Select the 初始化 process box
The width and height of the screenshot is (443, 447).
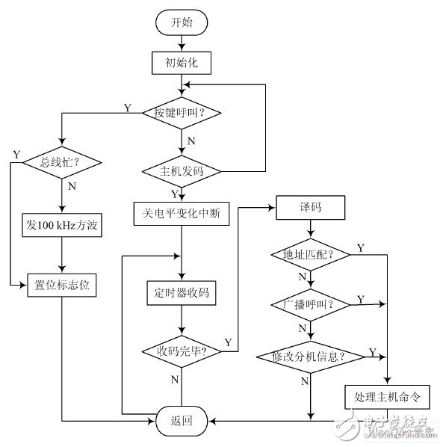(182, 62)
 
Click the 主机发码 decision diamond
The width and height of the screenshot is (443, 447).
(182, 171)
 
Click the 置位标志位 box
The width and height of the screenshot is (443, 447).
(62, 285)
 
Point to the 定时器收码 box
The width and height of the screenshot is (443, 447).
(182, 292)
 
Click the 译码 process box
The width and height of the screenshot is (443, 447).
(310, 207)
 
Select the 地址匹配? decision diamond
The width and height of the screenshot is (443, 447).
(310, 255)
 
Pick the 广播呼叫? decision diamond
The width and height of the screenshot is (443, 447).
(310, 306)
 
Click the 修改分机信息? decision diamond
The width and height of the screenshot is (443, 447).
(310, 355)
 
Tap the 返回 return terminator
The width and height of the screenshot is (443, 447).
(182, 421)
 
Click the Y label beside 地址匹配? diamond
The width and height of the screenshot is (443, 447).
(361, 247)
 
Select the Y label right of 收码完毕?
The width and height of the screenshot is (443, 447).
(227, 342)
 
